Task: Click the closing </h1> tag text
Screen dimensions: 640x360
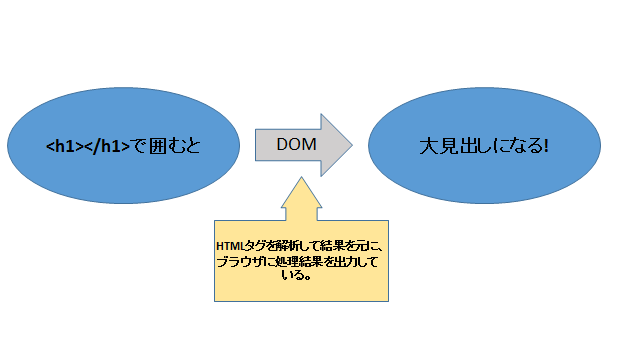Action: point(107,146)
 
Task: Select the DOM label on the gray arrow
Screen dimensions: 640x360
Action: point(296,144)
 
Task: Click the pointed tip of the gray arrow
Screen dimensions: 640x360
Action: point(352,145)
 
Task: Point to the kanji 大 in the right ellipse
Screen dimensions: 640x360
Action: point(429,146)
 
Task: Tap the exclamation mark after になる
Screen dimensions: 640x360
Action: point(546,146)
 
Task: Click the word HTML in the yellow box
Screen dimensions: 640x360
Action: point(229,246)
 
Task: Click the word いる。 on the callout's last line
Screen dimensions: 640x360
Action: point(297,275)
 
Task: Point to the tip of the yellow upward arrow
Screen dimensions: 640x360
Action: point(301,177)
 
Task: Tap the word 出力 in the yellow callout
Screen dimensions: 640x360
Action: point(346,261)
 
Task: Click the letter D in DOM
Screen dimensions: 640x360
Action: point(282,144)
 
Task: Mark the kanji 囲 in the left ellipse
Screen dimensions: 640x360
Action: point(157,146)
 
